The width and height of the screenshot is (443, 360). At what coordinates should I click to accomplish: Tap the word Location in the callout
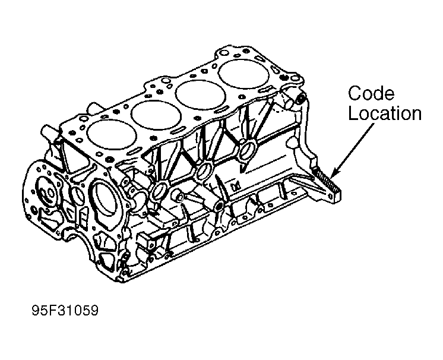(x=384, y=114)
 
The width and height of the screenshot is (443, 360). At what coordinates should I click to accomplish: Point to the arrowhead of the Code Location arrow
(x=333, y=178)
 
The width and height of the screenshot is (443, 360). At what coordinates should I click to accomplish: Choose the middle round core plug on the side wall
(x=203, y=172)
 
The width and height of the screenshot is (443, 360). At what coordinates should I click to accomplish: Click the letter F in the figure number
(x=50, y=310)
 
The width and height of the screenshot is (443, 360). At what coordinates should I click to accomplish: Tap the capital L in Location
(x=353, y=114)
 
